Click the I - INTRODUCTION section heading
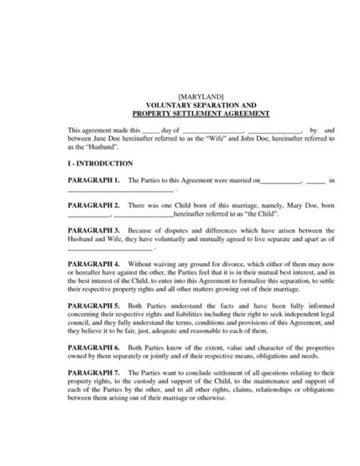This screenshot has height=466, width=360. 100,163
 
